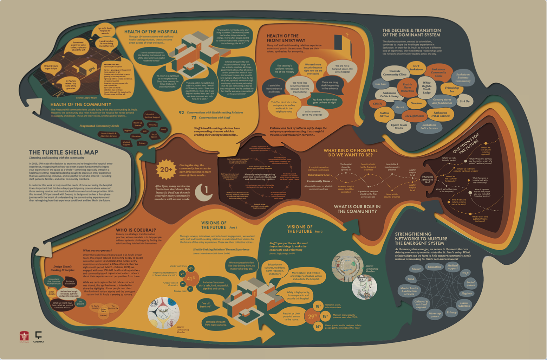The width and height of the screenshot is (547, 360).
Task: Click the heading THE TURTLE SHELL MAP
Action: pos(63,152)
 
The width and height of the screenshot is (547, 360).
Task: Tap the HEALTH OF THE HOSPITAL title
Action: pos(151,32)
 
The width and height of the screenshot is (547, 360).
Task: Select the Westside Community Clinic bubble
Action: pos(395,73)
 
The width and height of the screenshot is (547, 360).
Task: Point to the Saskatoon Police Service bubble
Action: pos(429,127)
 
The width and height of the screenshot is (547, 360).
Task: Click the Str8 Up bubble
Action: pos(464,101)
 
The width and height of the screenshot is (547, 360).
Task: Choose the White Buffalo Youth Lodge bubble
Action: pos(426,88)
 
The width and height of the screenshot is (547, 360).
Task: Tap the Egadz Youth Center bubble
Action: pos(399,126)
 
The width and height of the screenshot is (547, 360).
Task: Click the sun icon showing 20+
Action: pos(166,169)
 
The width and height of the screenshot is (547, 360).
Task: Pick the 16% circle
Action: pos(318,326)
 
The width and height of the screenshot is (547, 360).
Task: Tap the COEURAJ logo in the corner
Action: pos(38,336)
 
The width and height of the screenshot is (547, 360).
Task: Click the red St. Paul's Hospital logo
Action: pos(24,336)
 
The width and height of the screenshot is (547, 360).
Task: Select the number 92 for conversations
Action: pos(181,112)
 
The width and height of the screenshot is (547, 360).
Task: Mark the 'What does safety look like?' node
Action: pos(427,179)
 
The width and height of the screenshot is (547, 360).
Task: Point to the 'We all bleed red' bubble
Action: pos(205,305)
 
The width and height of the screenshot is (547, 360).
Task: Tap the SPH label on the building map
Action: pos(92,70)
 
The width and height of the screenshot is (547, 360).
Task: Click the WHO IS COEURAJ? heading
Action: pos(136,230)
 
